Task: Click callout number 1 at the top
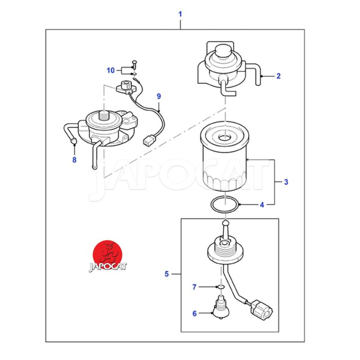180,14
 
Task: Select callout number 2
279,76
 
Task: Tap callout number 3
286,182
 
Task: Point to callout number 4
262,205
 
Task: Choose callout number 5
166,274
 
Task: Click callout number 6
194,314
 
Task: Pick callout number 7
194,287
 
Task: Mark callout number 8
74,160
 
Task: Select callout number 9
159,96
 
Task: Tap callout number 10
111,70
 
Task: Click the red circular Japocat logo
108,255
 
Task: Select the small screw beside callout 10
134,64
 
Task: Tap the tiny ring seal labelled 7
221,287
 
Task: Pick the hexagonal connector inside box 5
261,310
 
